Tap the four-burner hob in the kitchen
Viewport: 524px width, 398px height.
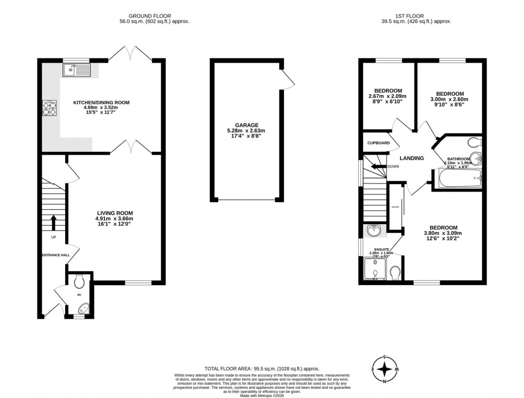click(50, 109)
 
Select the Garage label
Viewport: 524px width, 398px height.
click(245, 125)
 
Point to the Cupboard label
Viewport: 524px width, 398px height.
click(379, 143)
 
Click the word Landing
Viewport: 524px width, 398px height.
click(412, 158)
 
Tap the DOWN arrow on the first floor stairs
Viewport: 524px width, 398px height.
click(381, 166)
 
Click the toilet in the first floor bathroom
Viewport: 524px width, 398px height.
click(473, 143)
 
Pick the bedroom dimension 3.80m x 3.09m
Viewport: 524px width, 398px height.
click(443, 233)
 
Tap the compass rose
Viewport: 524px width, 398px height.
click(384, 369)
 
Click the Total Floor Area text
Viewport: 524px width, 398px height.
click(261, 369)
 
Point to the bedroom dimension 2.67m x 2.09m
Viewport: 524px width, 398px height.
click(388, 97)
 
